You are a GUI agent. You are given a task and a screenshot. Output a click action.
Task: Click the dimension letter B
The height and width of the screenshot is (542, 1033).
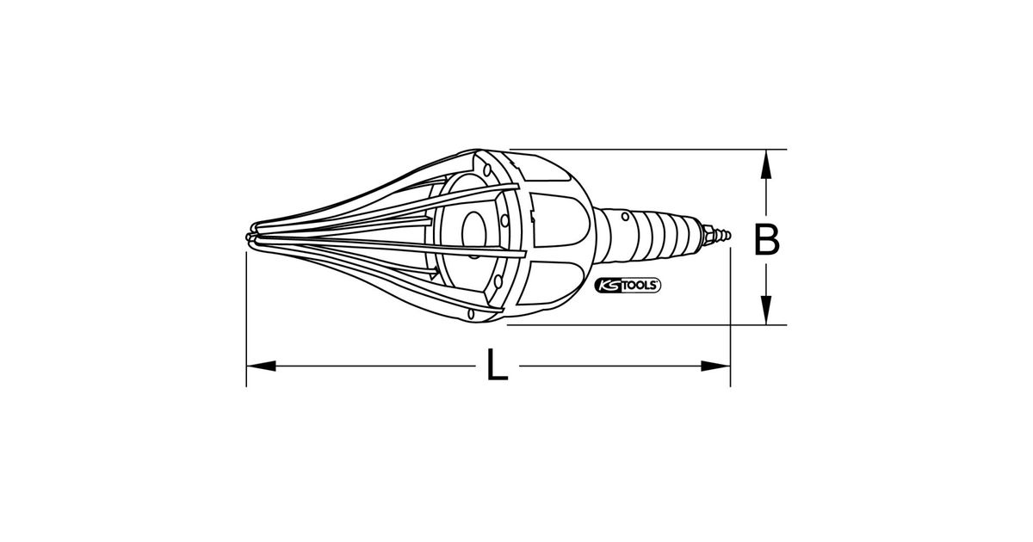[x=766, y=240]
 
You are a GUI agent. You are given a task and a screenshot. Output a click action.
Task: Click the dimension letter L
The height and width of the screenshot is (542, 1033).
[x=498, y=366]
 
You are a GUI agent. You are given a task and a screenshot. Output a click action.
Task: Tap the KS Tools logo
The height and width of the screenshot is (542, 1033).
[x=628, y=286]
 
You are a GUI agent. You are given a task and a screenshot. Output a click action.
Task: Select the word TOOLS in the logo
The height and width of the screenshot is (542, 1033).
[x=639, y=286]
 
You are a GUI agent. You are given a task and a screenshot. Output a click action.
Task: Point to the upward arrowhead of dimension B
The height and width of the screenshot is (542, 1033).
[x=766, y=163]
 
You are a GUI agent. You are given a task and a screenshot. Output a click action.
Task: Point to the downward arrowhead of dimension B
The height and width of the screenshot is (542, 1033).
[x=766, y=311]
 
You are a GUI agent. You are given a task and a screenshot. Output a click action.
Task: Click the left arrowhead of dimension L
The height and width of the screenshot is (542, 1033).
[x=261, y=366]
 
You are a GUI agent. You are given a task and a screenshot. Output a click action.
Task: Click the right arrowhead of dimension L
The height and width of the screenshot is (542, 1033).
[x=715, y=366]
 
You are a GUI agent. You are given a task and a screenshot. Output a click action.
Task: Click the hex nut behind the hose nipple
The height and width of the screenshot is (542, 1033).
[x=708, y=235]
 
